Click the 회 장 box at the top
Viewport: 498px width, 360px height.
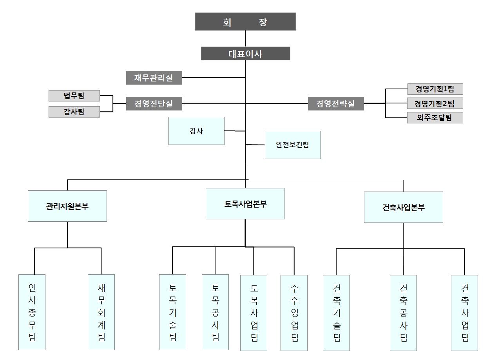(245, 22)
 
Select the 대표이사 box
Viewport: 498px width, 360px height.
(245, 54)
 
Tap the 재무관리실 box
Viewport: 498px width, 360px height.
(154, 78)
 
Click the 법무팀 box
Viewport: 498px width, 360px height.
(74, 96)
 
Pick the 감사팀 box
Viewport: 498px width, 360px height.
(74, 112)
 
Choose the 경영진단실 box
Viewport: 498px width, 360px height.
(154, 104)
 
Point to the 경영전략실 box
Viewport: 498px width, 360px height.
(335, 104)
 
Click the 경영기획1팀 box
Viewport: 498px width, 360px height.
(435, 89)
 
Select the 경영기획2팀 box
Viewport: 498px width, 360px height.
(435, 103)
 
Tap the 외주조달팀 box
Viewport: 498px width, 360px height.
(435, 118)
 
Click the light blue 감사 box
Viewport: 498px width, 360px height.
(196, 131)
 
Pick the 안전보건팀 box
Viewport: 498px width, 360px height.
(293, 145)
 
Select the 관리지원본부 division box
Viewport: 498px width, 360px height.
(67, 206)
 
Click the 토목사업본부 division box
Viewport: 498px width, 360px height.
(245, 204)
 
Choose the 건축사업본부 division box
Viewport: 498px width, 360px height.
(403, 207)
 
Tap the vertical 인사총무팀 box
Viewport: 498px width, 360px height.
(32, 312)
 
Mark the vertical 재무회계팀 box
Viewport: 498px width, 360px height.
(101, 312)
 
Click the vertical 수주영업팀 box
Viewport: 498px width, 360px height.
(294, 313)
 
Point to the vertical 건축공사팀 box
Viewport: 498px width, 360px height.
(403, 313)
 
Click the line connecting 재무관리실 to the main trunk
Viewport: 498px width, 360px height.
(214, 78)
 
